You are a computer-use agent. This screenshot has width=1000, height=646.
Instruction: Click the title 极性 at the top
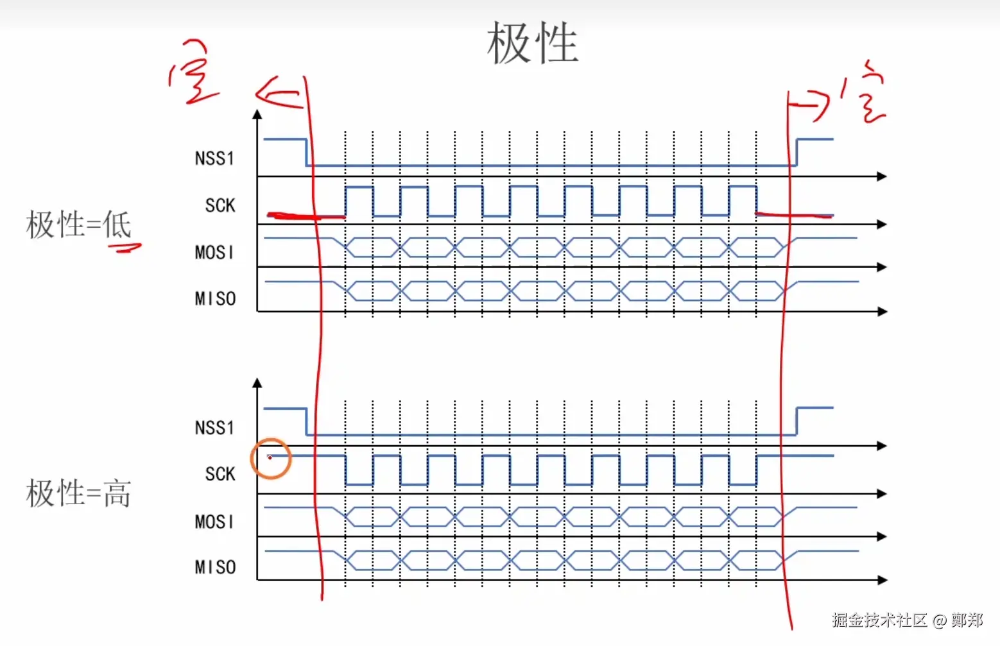tap(532, 43)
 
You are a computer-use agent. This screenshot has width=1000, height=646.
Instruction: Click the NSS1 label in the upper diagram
tap(214, 158)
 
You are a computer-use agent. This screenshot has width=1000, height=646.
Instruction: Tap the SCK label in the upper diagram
tap(220, 205)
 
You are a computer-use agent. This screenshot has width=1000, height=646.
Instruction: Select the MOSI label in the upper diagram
tap(214, 252)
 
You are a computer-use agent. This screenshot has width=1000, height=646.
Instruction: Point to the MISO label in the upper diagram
tap(215, 298)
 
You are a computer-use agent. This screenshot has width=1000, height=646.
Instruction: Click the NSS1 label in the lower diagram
tap(214, 428)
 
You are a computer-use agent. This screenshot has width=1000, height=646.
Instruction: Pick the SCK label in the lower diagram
tap(220, 474)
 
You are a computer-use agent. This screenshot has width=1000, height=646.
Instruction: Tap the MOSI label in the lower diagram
tap(214, 522)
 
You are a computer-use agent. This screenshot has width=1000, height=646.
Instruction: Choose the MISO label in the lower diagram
tap(215, 567)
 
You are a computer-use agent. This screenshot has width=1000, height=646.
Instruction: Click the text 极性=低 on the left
tap(78, 225)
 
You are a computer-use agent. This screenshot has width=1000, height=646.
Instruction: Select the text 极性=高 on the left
tap(78, 493)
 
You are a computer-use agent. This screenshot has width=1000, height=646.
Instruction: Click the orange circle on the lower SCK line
tap(271, 458)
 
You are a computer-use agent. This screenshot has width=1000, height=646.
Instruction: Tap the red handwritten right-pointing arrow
tap(811, 104)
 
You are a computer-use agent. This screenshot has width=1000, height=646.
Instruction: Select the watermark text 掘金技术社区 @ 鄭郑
tap(907, 620)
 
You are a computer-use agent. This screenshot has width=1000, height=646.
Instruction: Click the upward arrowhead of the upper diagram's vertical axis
tap(257, 114)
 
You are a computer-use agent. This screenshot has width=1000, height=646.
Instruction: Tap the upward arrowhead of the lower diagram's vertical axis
tap(257, 383)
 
